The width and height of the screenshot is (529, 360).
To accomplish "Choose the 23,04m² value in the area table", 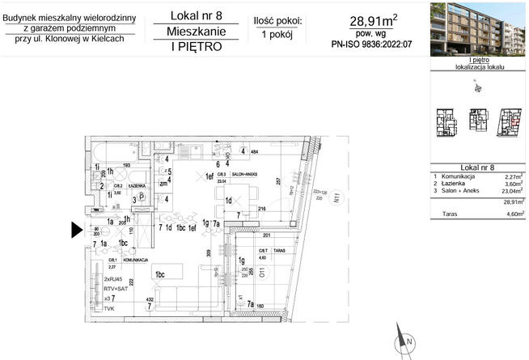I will click(x=510, y=191).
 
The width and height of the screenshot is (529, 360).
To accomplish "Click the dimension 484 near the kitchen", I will click(x=253, y=151).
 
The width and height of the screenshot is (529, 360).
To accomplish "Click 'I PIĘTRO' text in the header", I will click(x=196, y=46).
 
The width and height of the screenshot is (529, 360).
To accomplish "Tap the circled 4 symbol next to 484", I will click(x=242, y=150).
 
